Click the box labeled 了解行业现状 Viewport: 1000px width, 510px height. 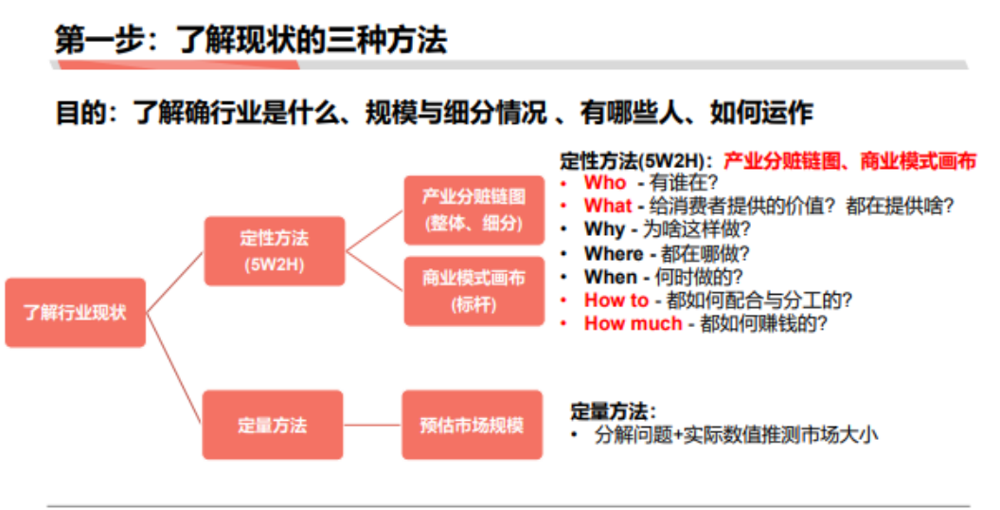tap(76, 312)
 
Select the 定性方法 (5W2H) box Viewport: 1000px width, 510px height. tap(275, 250)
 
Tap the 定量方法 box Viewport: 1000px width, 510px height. tap(273, 425)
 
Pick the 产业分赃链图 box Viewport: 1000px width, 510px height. tap(474, 209)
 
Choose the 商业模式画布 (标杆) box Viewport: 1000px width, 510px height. tap(474, 290)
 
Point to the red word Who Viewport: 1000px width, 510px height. tap(605, 182)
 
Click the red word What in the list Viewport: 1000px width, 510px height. tap(608, 206)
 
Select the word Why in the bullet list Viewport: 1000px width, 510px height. tap(604, 229)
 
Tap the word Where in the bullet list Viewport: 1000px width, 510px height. tap(614, 253)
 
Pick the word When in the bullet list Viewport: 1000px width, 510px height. tap(611, 277)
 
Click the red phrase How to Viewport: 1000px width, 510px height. tap(616, 301)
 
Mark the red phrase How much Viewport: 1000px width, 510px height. tap(633, 323)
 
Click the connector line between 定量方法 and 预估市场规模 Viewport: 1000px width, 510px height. tap(373, 425)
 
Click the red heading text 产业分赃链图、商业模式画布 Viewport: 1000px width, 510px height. tap(848, 160)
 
